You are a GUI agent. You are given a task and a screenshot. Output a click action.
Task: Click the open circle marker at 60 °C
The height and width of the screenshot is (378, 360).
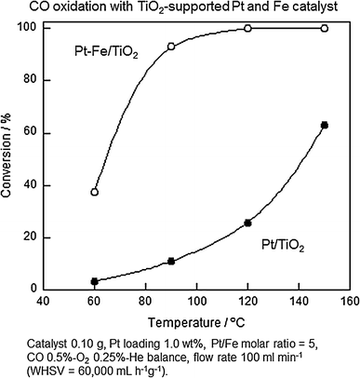[x=95, y=192]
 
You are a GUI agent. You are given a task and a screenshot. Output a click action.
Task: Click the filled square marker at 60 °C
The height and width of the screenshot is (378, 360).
[x=95, y=281]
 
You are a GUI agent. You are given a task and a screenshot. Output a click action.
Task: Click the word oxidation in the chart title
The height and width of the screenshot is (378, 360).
[x=89, y=8]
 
